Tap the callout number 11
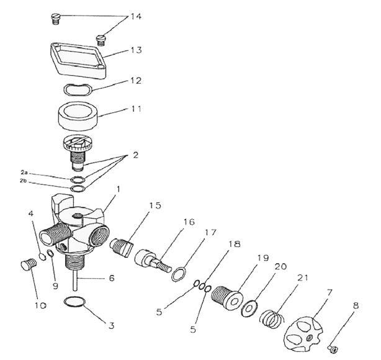pyautogui.click(x=135, y=108)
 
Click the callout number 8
pyautogui.click(x=355, y=305)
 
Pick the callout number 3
pyautogui.click(x=112, y=324)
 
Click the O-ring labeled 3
pyautogui.click(x=74, y=302)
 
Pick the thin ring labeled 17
pyautogui.click(x=177, y=273)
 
